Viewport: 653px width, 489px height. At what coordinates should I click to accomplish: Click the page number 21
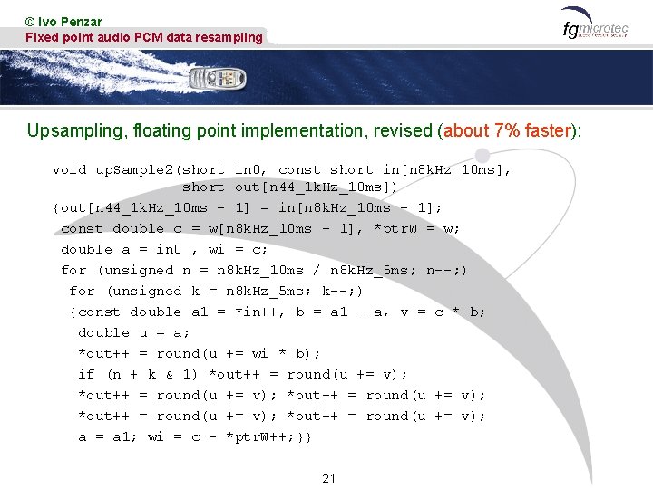[328, 478]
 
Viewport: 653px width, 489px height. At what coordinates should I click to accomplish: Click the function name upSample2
[136, 169]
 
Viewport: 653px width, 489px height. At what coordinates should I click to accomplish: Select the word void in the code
[69, 169]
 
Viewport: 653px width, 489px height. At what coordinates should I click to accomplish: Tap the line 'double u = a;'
[134, 332]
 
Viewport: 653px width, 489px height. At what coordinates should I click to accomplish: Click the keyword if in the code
[86, 374]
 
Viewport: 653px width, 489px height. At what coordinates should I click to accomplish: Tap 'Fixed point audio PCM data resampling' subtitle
[143, 37]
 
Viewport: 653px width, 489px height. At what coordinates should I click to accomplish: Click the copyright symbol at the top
[31, 21]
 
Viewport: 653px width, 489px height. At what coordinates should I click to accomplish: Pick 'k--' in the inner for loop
[338, 291]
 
